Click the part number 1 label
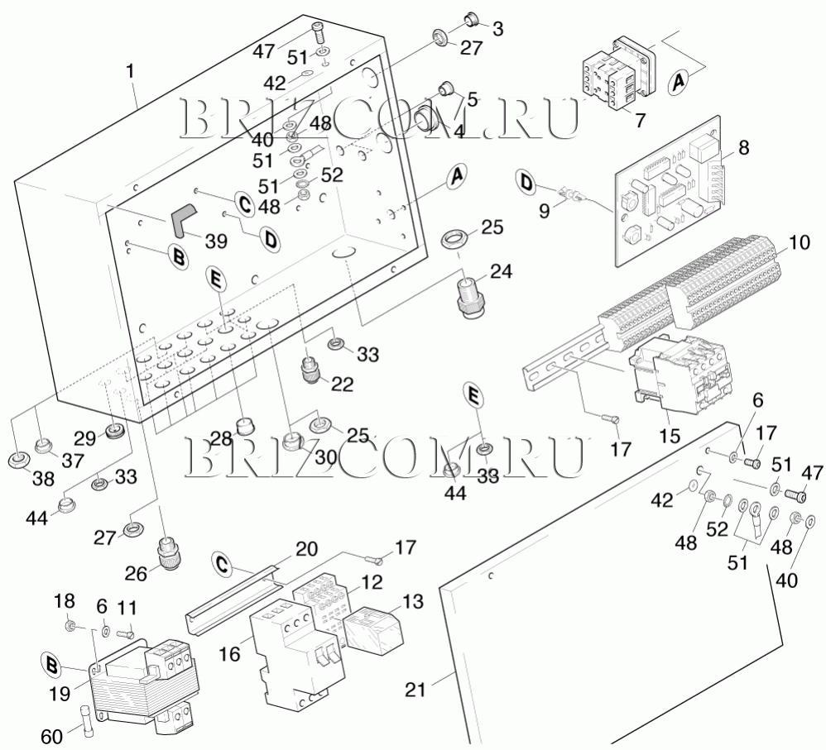(130, 72)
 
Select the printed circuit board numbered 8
(670, 203)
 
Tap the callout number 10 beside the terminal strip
(799, 243)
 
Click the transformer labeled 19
(141, 686)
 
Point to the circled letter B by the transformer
(52, 663)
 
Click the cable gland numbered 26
(168, 549)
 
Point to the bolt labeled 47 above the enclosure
(319, 34)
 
